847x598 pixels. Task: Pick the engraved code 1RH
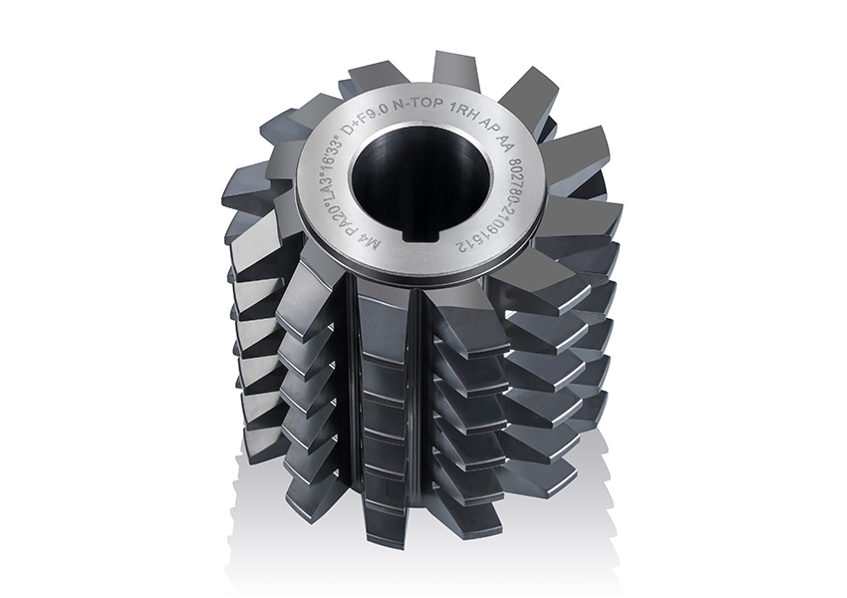[x=464, y=113]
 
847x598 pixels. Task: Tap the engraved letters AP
[x=489, y=126]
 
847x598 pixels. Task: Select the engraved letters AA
[x=505, y=143]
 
